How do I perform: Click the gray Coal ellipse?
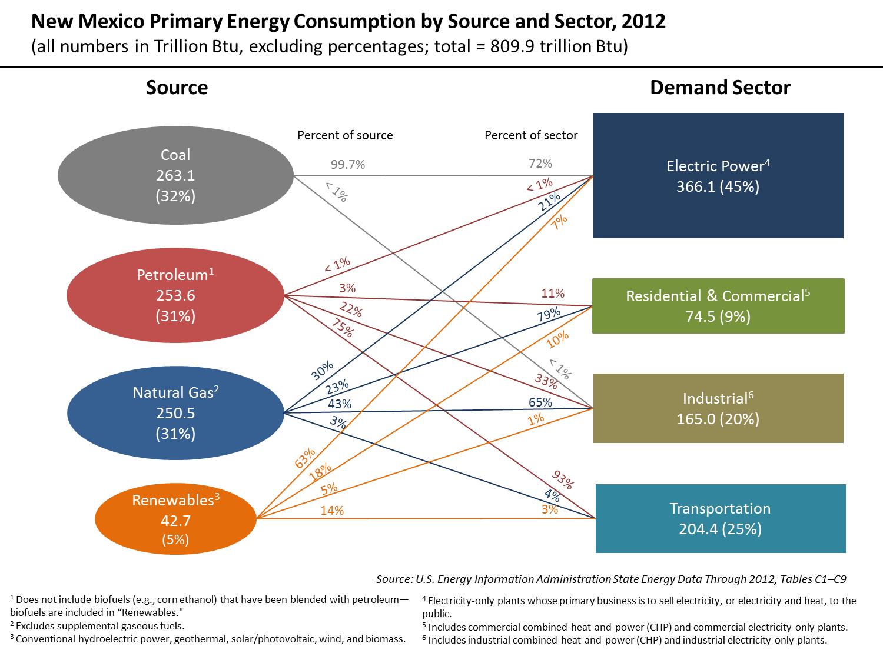[175, 175]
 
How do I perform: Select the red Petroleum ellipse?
[175, 295]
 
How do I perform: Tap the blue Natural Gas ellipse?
[175, 413]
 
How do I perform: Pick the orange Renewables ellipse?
[175, 519]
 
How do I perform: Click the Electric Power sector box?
[718, 175]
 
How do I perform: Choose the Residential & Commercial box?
[718, 306]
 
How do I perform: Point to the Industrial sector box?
[718, 408]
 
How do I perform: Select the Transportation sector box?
[721, 518]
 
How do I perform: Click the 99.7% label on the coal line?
[348, 165]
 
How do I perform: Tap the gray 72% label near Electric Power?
[540, 163]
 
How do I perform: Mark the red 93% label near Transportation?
[562, 479]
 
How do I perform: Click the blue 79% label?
[548, 315]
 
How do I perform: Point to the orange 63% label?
[305, 458]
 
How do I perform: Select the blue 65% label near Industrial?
[540, 402]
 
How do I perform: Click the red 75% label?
[343, 328]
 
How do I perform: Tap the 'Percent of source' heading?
[345, 135]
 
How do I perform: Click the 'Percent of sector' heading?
[531, 135]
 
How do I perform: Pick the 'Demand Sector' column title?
[720, 88]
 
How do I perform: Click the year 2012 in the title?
[643, 21]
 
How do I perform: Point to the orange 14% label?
[332, 510]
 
